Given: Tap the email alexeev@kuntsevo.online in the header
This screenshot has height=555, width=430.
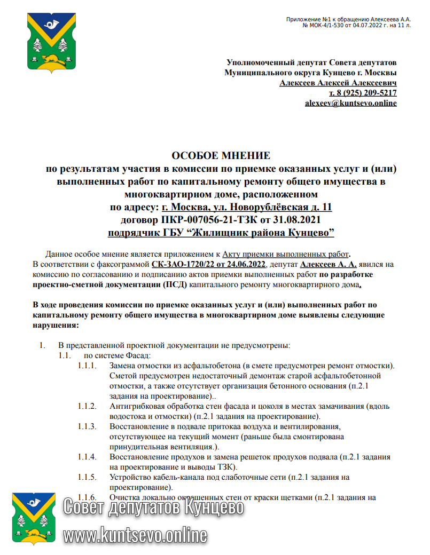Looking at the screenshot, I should tap(350, 102).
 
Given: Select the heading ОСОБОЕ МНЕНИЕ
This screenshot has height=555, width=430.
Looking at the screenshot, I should tap(221, 156).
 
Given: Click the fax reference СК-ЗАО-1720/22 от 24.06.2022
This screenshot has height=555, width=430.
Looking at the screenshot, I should tap(208, 264).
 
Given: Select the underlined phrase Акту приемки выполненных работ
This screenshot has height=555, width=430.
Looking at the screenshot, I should tap(286, 254).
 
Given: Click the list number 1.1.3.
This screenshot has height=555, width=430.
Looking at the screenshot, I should tap(87, 426).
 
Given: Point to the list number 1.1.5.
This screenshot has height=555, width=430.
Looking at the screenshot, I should tap(87, 478).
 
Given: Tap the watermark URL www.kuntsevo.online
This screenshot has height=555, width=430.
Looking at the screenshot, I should tap(135, 534).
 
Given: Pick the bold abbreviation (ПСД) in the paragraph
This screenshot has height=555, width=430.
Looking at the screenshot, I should tap(175, 284).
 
